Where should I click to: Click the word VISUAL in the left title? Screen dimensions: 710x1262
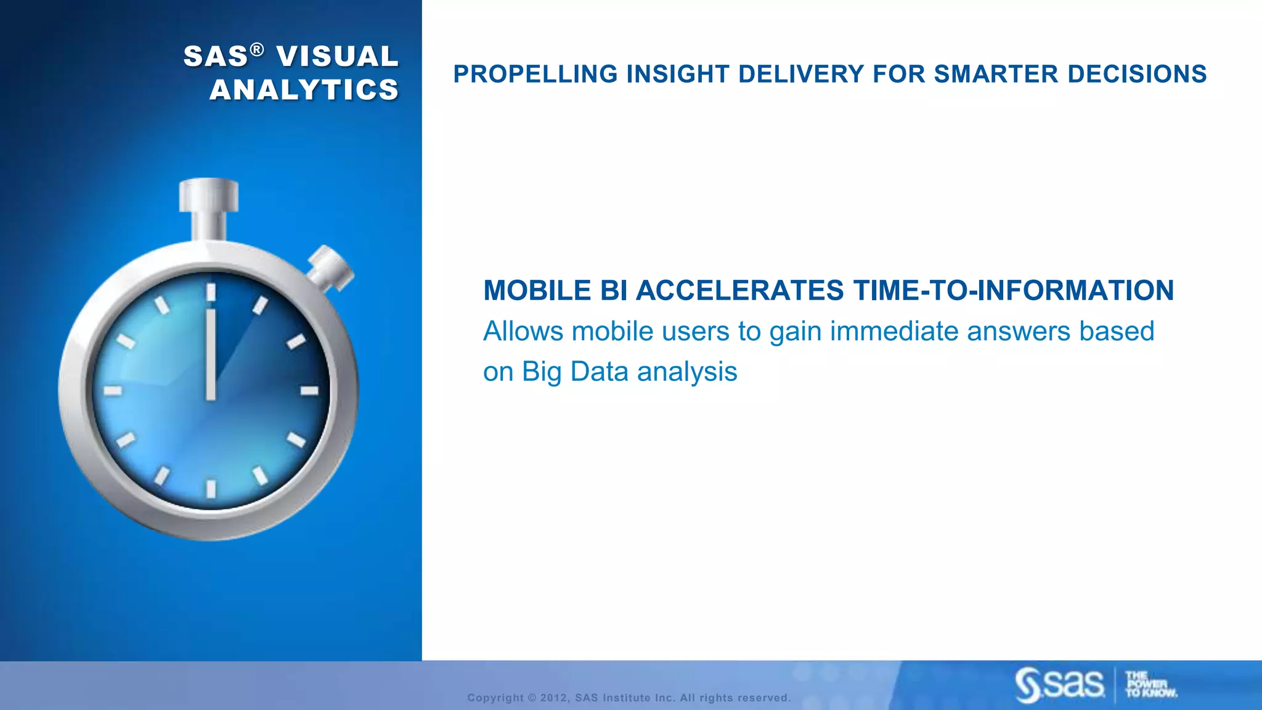click(x=337, y=57)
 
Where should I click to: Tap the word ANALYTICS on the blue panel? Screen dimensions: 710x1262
click(x=304, y=90)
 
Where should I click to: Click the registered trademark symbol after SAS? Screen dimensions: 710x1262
click(x=258, y=49)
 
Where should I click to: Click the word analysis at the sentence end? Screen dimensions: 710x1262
click(x=686, y=372)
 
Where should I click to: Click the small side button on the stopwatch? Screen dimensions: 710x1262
click(x=331, y=266)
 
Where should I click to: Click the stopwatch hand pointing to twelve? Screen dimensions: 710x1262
click(x=211, y=354)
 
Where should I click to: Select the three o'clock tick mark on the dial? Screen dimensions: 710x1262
click(x=309, y=391)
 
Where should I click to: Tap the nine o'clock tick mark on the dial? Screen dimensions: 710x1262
click(x=113, y=391)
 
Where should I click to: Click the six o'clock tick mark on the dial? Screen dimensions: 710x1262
click(x=211, y=489)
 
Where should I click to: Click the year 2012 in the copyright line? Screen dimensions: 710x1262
click(x=553, y=698)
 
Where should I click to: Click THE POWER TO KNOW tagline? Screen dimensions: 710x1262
click(x=1150, y=684)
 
